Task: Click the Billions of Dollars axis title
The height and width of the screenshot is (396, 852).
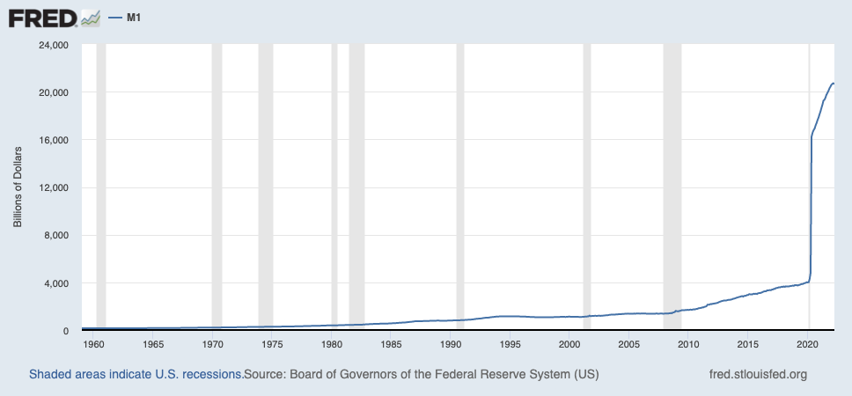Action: [18, 187]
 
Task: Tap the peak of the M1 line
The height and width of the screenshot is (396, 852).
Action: [833, 83]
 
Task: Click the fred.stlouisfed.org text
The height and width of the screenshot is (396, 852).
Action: [757, 374]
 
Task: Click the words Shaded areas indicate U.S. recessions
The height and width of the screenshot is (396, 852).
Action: [136, 374]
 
